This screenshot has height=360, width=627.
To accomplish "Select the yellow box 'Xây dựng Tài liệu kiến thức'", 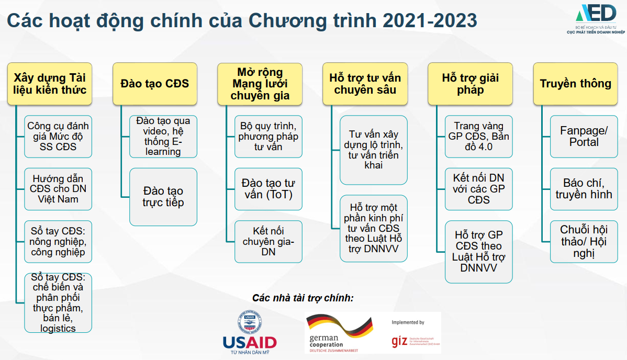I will pyautogui.click(x=50, y=84).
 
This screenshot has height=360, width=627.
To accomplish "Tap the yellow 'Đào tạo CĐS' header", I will pyautogui.click(x=155, y=84).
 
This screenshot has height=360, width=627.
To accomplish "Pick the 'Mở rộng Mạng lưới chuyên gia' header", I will pyautogui.click(x=260, y=84).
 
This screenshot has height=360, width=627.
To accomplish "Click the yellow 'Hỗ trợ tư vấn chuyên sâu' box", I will pyautogui.click(x=365, y=84).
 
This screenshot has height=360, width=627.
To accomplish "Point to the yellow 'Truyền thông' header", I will pyautogui.click(x=575, y=84).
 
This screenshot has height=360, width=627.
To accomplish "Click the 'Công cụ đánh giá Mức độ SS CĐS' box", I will pyautogui.click(x=58, y=136).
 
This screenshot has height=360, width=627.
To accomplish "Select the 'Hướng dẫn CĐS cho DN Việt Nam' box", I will pyautogui.click(x=58, y=189).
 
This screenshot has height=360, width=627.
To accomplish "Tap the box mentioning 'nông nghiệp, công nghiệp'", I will pyautogui.click(x=58, y=241).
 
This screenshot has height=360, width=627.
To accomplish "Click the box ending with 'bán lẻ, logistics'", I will pyautogui.click(x=58, y=302).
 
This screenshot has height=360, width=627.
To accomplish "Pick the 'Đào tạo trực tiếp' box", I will pyautogui.click(x=163, y=197).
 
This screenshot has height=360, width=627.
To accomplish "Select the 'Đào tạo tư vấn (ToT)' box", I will pyautogui.click(x=268, y=189).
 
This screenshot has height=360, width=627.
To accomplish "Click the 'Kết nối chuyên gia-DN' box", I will pyautogui.click(x=268, y=241).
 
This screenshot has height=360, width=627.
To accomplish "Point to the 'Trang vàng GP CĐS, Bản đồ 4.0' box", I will pyautogui.click(x=478, y=136).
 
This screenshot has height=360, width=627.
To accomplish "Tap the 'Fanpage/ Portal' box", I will pyautogui.click(x=584, y=136).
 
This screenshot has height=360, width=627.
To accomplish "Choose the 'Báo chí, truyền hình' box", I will pyautogui.click(x=584, y=189).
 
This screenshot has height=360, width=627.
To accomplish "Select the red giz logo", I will pyautogui.click(x=400, y=341).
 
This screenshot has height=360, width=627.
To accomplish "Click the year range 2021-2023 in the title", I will pyautogui.click(x=430, y=21).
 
